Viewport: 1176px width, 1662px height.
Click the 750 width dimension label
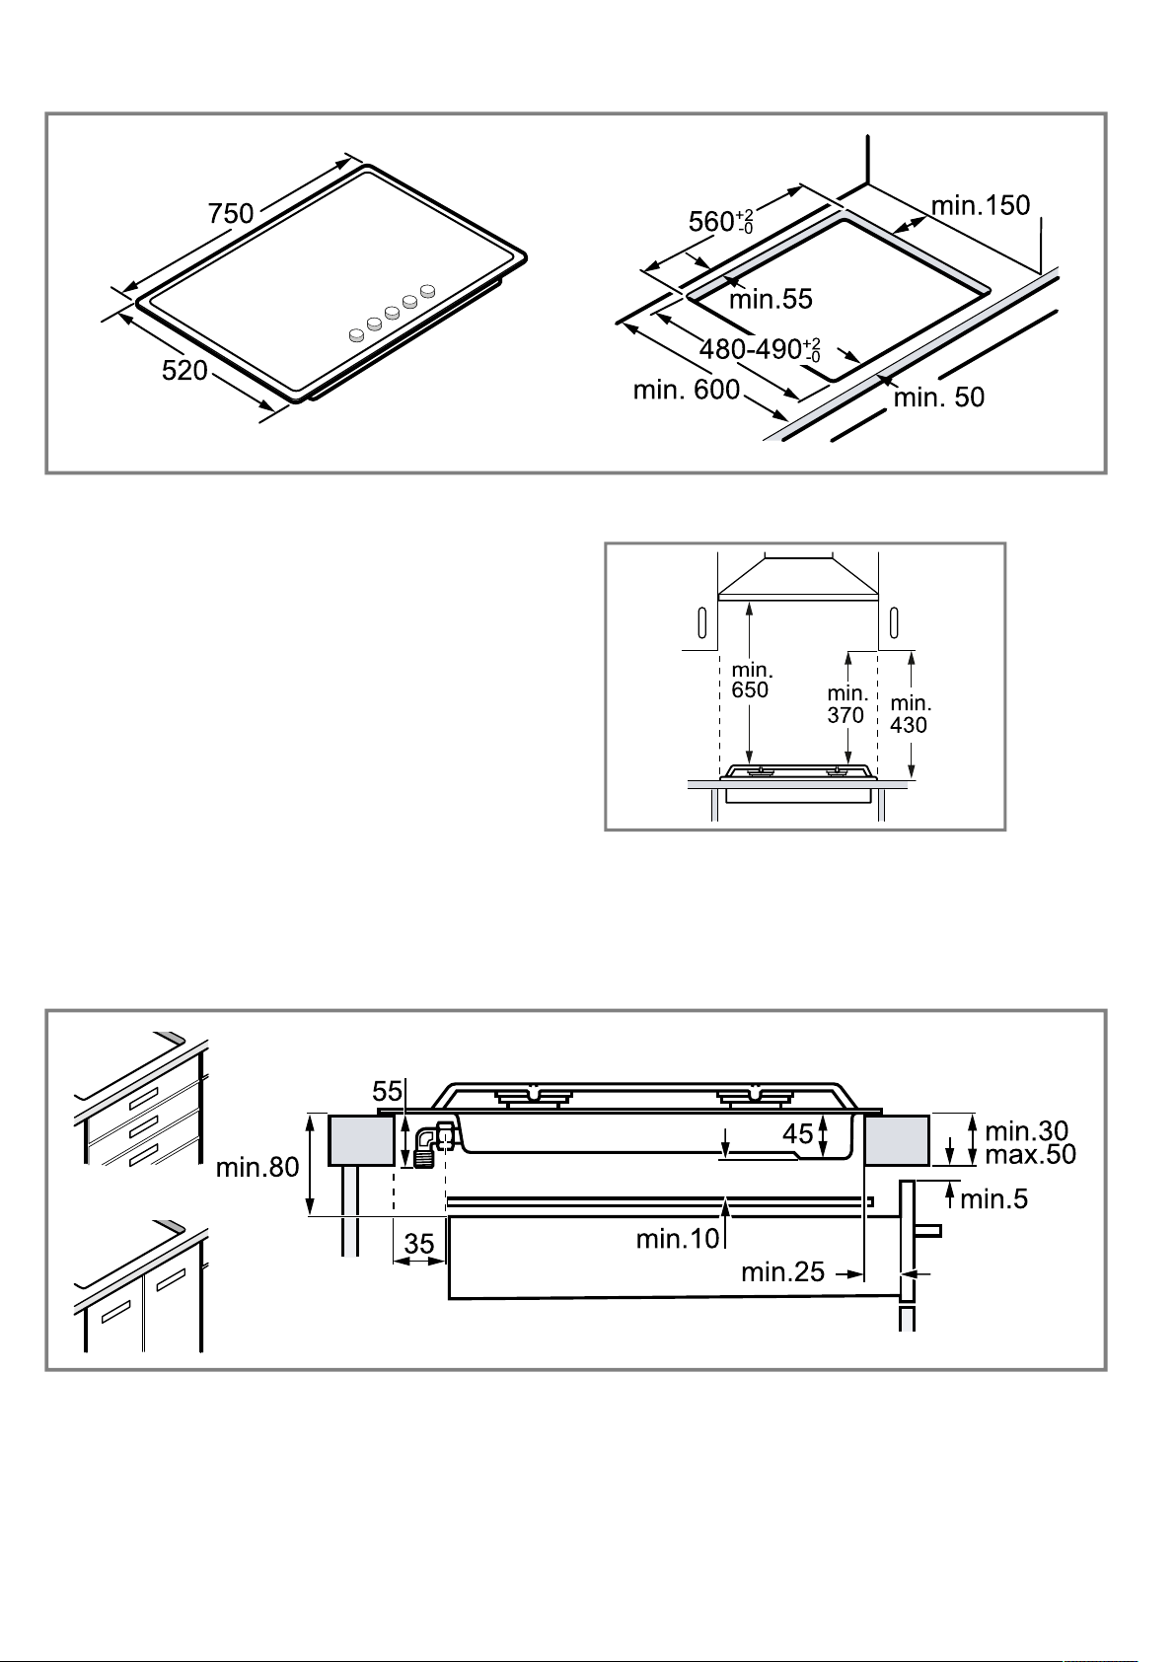(231, 214)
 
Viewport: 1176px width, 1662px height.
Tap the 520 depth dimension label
(184, 370)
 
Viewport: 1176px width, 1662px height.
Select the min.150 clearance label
(981, 205)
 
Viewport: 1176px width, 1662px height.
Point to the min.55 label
(771, 299)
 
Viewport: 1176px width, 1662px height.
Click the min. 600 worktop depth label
(687, 390)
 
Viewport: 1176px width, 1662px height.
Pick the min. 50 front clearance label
(938, 397)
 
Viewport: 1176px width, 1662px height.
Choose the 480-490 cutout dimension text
(760, 349)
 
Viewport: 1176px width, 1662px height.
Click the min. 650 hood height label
(751, 681)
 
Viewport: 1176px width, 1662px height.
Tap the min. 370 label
(846, 704)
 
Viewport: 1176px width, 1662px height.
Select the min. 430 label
(911, 714)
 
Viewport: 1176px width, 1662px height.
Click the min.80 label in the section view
(257, 1167)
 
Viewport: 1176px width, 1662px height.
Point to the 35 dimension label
(419, 1244)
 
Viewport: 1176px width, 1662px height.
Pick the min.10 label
(678, 1238)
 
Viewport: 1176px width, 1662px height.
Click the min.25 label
(782, 1271)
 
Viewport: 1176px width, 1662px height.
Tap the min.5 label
(994, 1199)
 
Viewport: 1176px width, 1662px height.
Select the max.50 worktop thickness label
(1030, 1154)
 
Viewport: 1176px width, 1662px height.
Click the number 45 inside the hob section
(797, 1133)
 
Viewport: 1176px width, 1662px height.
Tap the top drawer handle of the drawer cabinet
(145, 1097)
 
